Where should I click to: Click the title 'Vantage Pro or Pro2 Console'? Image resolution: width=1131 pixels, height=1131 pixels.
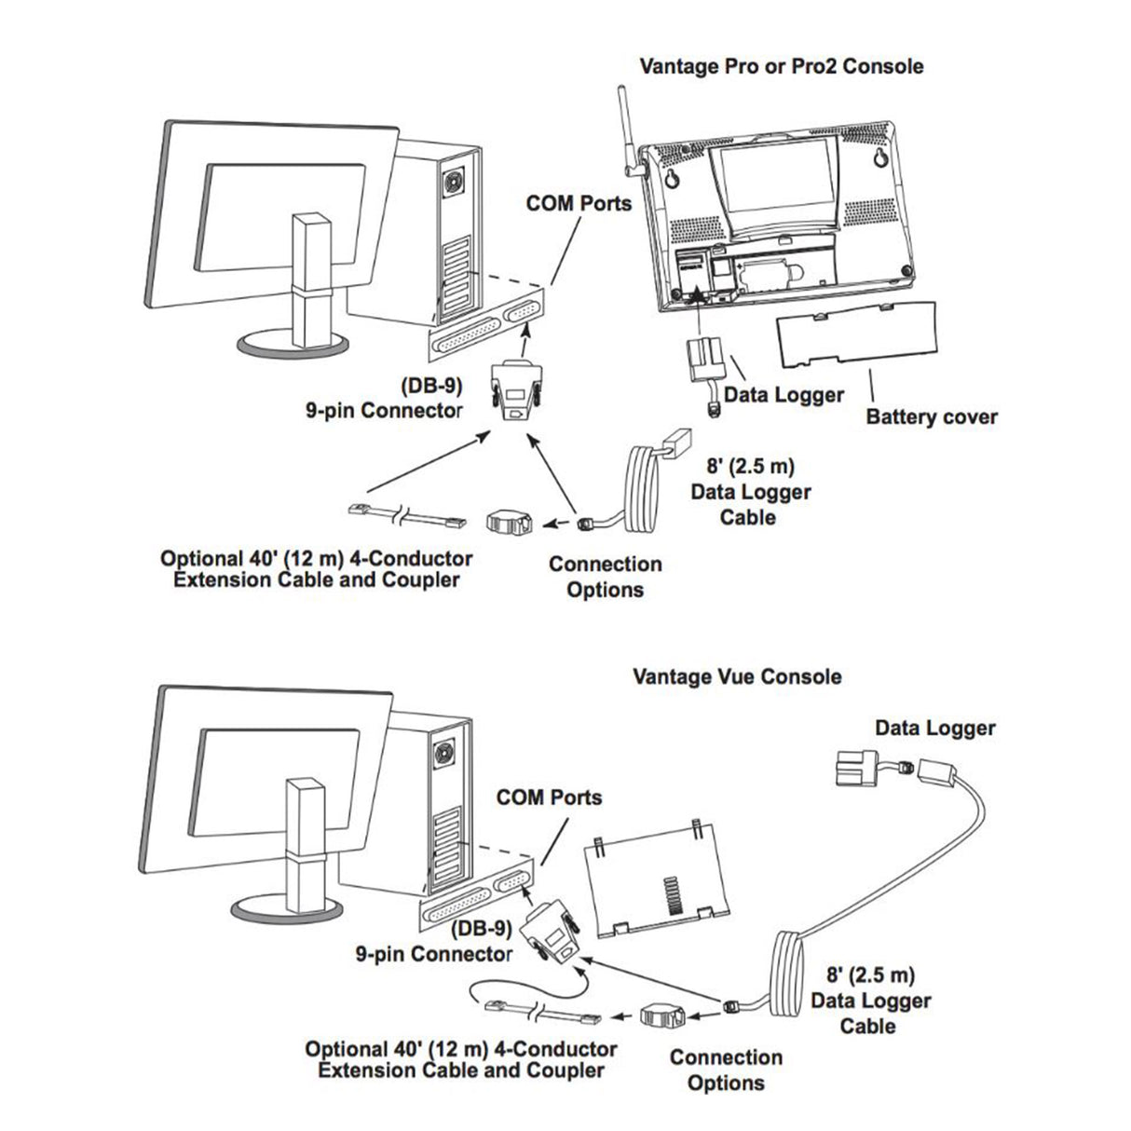pos(782,66)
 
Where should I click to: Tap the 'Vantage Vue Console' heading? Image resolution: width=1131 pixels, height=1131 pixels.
pos(737,676)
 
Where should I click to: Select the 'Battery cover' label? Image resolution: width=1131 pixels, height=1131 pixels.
pos(931,416)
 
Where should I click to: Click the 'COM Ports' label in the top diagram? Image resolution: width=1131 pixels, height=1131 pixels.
pos(579,202)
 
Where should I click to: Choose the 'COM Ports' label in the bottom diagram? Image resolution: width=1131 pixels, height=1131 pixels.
pos(549,797)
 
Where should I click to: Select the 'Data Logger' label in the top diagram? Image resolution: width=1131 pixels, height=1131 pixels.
pos(784,394)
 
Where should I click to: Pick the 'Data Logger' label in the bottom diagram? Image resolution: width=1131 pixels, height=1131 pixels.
pos(934,729)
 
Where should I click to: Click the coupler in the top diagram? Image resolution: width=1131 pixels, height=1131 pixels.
pos(509,520)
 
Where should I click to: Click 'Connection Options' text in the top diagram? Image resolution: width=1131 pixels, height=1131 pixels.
pos(605,577)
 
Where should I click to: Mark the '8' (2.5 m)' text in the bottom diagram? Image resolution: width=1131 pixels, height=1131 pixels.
pos(870,975)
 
